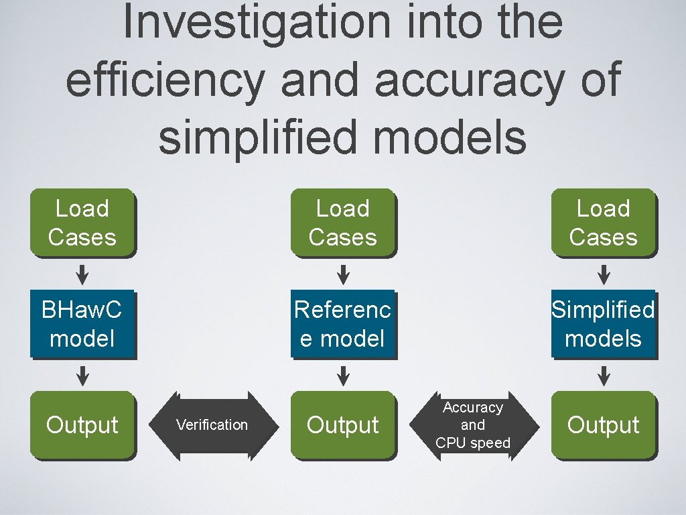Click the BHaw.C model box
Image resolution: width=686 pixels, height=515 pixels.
point(82,324)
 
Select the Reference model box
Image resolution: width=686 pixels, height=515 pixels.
point(343,324)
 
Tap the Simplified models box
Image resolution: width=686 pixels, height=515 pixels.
point(603,324)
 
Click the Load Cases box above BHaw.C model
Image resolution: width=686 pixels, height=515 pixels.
point(82,223)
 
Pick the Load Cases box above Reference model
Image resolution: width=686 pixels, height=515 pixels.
point(343,223)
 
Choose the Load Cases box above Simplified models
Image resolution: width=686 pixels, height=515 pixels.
point(603,223)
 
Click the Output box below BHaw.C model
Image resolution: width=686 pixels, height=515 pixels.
point(82,425)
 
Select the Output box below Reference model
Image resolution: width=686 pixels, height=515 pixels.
point(343,425)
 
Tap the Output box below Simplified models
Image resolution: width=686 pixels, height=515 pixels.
point(603,425)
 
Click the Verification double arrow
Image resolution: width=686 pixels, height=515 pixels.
point(212,425)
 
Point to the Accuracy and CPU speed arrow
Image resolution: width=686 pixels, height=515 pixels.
point(473,425)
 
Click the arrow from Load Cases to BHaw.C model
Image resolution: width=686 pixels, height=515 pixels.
point(82,274)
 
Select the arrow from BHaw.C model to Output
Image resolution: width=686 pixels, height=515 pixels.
point(82,376)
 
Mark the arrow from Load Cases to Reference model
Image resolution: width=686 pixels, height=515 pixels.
point(343,274)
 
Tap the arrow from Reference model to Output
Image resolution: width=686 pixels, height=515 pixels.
point(343,376)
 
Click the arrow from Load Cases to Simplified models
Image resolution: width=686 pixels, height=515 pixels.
point(604,274)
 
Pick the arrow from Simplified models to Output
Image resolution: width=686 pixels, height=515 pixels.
point(604,376)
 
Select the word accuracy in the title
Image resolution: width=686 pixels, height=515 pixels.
point(469,80)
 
